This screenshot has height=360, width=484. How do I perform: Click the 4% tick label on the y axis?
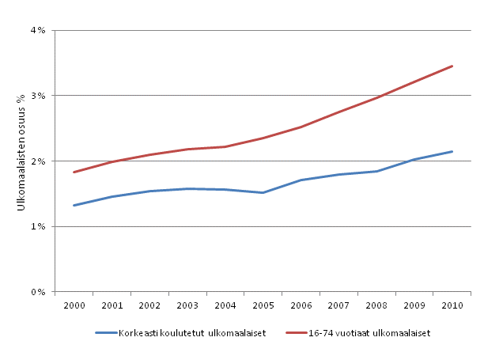(38, 31)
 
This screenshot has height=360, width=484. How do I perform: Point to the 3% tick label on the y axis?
(38, 96)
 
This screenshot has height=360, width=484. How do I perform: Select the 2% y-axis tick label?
(38, 161)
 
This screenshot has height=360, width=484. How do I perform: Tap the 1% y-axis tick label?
(38, 226)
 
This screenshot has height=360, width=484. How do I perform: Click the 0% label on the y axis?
(38, 292)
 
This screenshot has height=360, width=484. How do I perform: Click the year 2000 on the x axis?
(74, 305)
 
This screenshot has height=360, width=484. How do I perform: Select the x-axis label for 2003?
(187, 305)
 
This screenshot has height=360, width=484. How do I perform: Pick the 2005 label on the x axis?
(263, 305)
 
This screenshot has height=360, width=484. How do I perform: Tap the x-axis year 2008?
(376, 305)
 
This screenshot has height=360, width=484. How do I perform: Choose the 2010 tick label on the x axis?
(452, 305)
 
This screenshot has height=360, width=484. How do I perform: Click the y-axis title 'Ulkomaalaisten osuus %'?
(21, 161)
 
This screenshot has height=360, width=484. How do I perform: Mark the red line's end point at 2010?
(452, 66)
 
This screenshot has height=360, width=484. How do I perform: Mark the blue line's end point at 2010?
(452, 151)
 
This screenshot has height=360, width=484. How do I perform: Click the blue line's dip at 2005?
(263, 192)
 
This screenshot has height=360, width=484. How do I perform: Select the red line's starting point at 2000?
(74, 172)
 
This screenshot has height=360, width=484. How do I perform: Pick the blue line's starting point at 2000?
(74, 205)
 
